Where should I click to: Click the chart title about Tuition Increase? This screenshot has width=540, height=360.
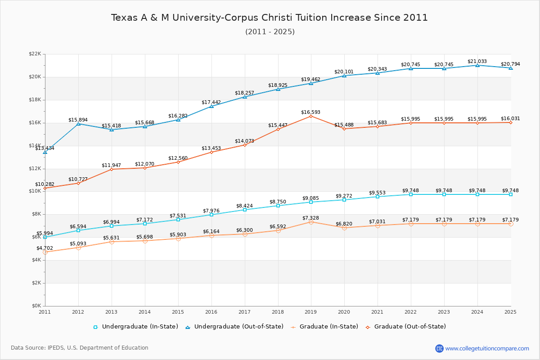click(270, 18)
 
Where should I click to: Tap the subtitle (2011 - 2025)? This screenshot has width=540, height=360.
click(270, 32)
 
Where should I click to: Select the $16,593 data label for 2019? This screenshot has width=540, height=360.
click(310, 112)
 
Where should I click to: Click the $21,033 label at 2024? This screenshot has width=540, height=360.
click(477, 61)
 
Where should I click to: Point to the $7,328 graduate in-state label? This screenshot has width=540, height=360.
click(310, 218)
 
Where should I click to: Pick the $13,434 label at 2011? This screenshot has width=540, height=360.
click(45, 148)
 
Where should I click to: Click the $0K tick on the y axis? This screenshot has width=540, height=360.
click(36, 306)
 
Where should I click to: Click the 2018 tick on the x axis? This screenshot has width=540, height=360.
click(278, 311)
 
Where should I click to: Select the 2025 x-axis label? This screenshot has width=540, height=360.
click(510, 311)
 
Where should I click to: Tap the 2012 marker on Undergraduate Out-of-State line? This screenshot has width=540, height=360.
click(78, 124)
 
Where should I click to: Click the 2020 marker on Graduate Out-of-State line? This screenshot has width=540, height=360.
click(344, 129)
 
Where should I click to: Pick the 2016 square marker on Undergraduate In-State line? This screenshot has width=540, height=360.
click(211, 215)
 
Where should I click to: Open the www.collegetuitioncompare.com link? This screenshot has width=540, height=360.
click(487, 348)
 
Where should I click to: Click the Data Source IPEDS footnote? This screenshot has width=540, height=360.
click(80, 348)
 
